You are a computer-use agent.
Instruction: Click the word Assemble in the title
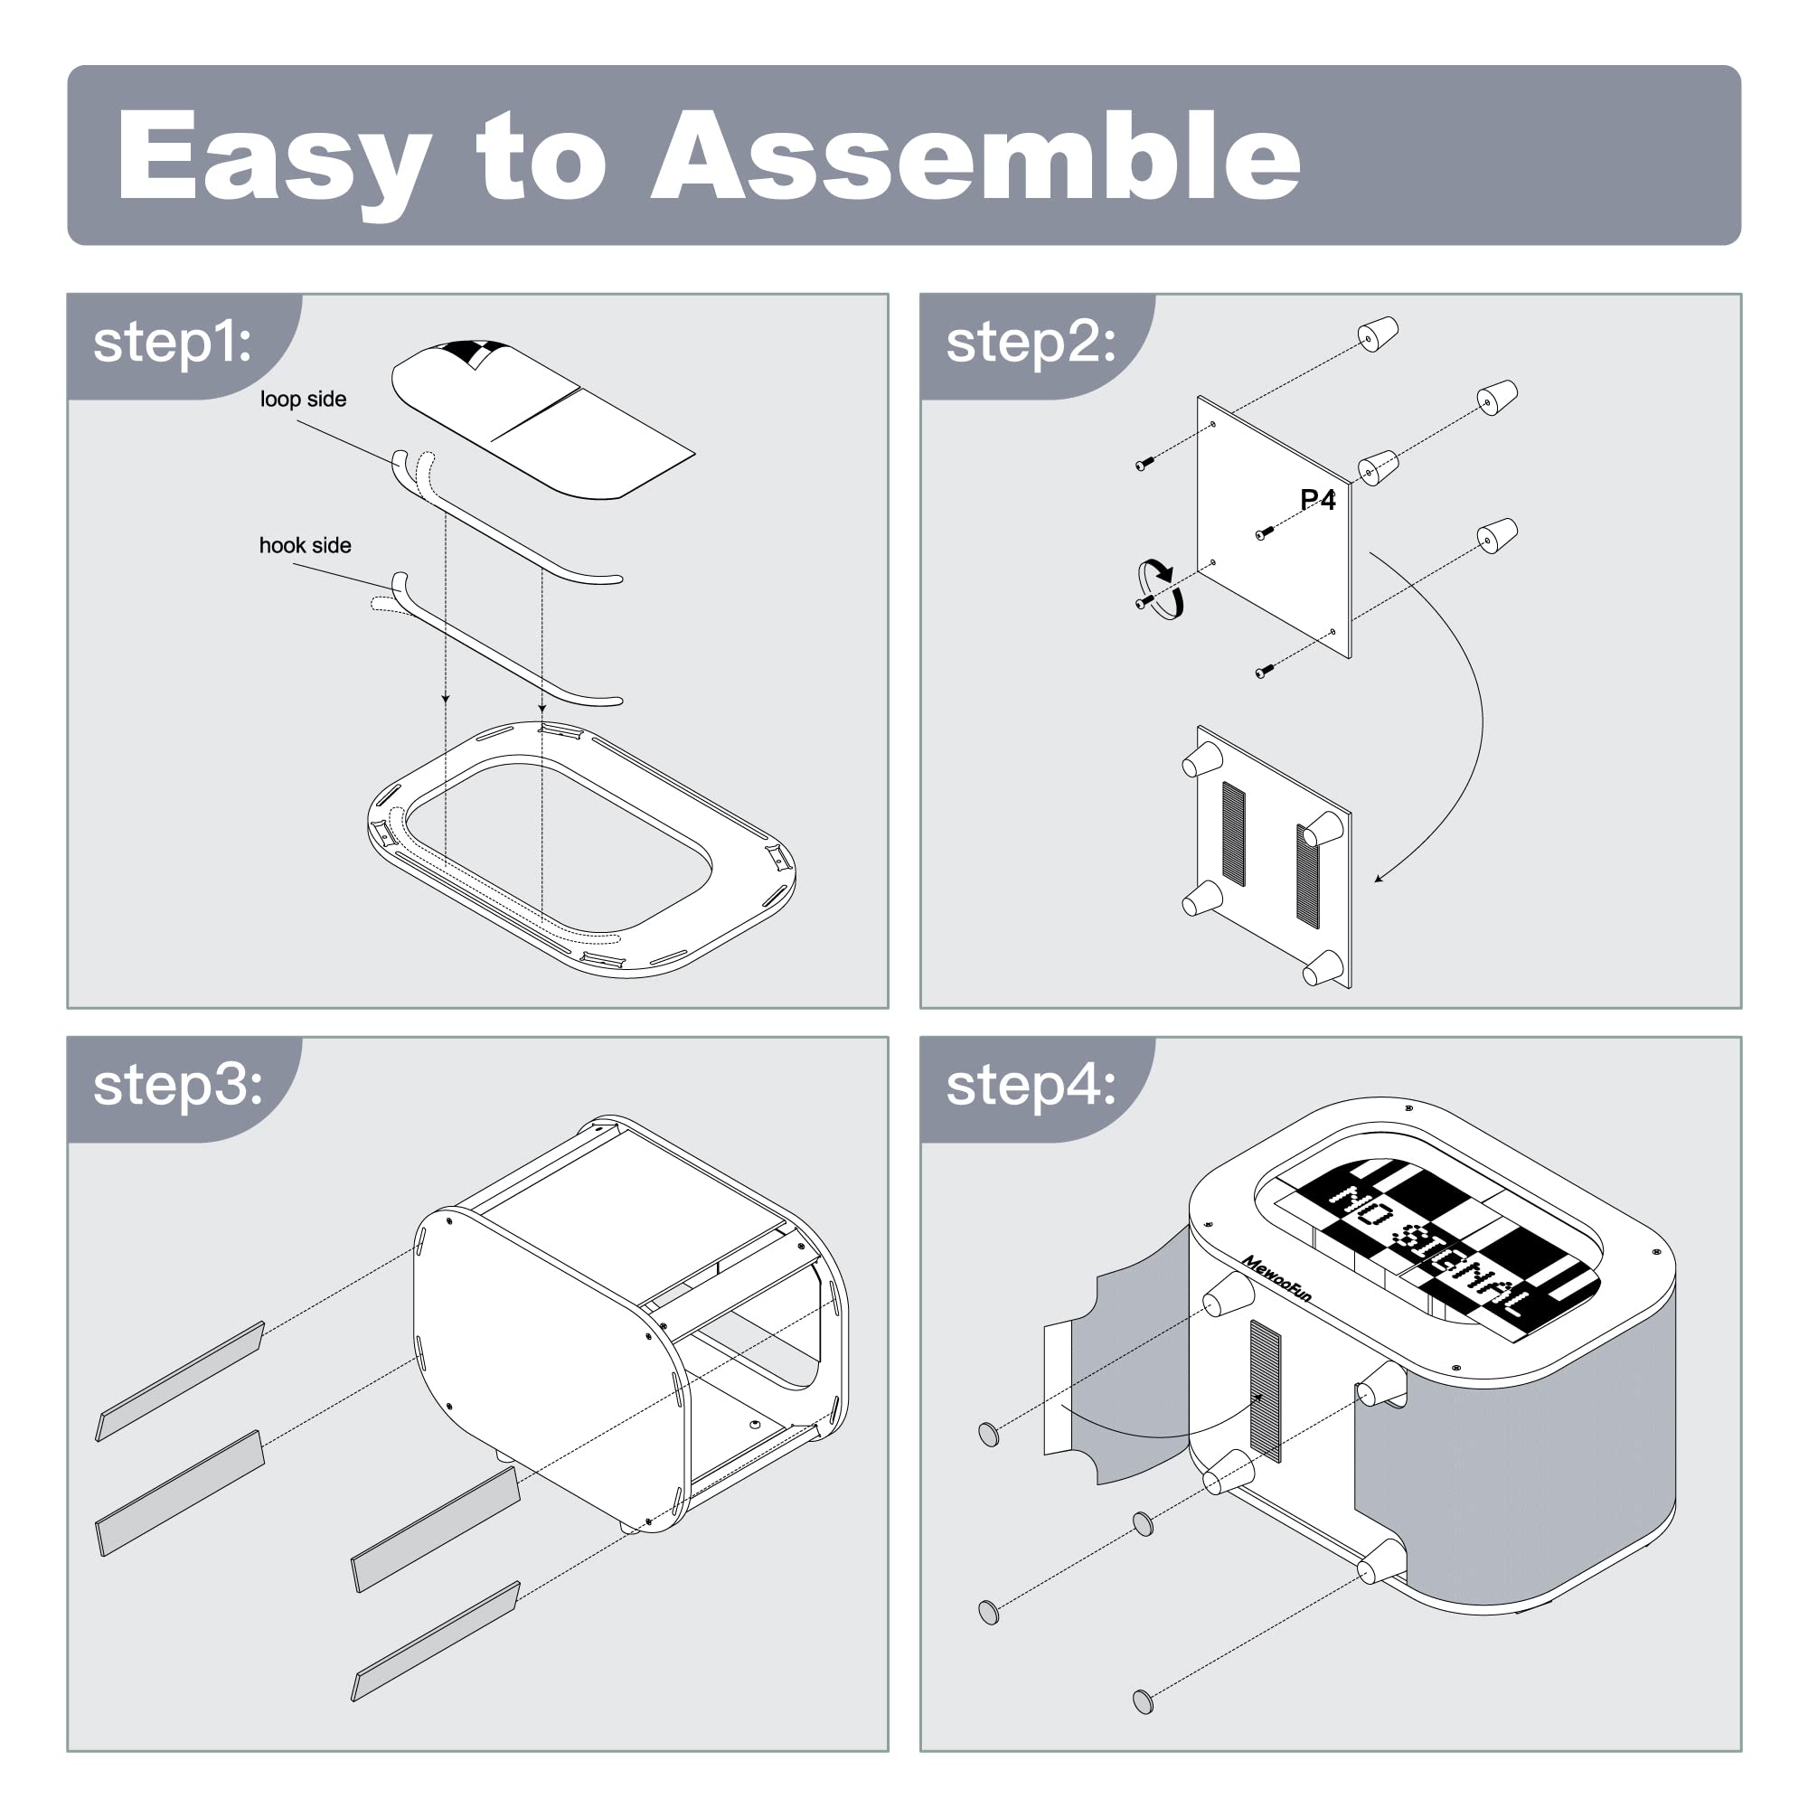coord(975,155)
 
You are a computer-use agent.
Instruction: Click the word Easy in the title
coord(273,165)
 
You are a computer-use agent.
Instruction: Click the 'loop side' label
coord(303,399)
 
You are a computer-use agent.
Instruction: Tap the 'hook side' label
coord(305,546)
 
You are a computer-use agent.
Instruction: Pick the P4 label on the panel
coord(1318,500)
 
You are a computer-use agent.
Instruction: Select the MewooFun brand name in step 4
coord(1276,1278)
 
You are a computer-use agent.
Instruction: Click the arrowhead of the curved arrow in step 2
coord(1380,877)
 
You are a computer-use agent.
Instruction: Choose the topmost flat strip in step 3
coord(180,1381)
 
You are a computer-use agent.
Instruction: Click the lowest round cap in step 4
coord(1143,1700)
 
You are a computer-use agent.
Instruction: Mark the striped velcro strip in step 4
coord(1266,1390)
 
